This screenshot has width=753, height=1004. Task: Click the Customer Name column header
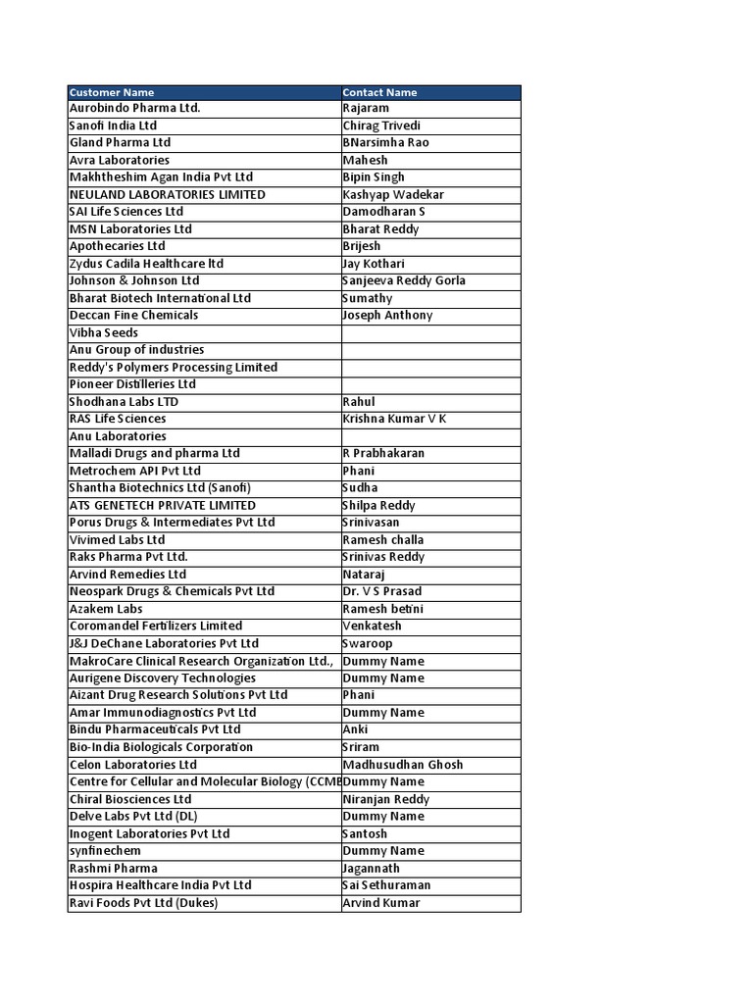[112, 92]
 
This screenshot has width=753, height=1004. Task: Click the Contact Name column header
[379, 92]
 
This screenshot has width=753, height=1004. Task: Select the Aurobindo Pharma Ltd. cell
[134, 108]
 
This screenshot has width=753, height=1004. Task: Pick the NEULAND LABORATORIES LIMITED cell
[167, 194]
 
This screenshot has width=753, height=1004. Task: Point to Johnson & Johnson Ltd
[134, 280]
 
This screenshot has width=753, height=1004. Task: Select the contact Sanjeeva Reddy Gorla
[404, 280]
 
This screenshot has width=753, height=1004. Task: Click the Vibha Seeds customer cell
[104, 332]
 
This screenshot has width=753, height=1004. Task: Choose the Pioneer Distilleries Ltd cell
[132, 384]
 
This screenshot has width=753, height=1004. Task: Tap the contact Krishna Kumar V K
[394, 419]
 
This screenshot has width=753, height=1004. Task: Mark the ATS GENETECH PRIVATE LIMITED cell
[163, 505]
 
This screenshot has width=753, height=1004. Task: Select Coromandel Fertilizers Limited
[155, 626]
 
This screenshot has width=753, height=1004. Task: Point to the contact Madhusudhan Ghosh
[403, 765]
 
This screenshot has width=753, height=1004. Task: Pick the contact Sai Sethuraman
[386, 885]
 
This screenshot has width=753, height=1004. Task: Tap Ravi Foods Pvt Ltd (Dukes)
[143, 903]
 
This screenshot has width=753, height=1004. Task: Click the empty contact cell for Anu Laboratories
[430, 436]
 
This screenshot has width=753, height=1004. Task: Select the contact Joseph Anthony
[387, 315]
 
